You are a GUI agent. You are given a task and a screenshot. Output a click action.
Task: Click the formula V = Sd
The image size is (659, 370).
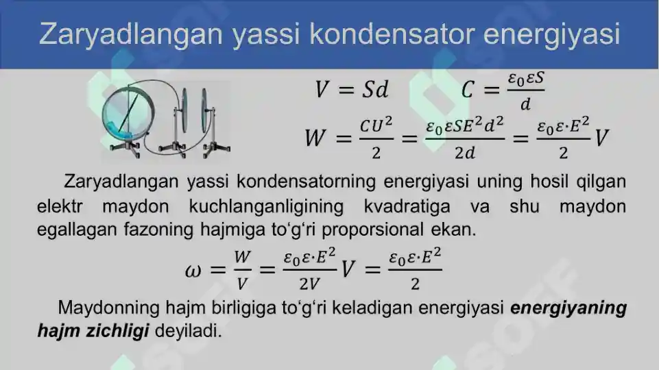point(351,89)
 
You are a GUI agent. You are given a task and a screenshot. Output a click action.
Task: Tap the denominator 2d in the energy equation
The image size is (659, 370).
point(465,153)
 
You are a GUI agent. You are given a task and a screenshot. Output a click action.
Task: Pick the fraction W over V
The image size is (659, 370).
point(242,269)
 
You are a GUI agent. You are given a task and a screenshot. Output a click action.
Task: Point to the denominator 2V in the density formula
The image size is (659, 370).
point(307,283)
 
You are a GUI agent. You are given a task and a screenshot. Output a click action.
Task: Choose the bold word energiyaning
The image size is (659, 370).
point(568,308)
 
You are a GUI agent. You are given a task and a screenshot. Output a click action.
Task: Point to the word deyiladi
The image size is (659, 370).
point(189,331)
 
